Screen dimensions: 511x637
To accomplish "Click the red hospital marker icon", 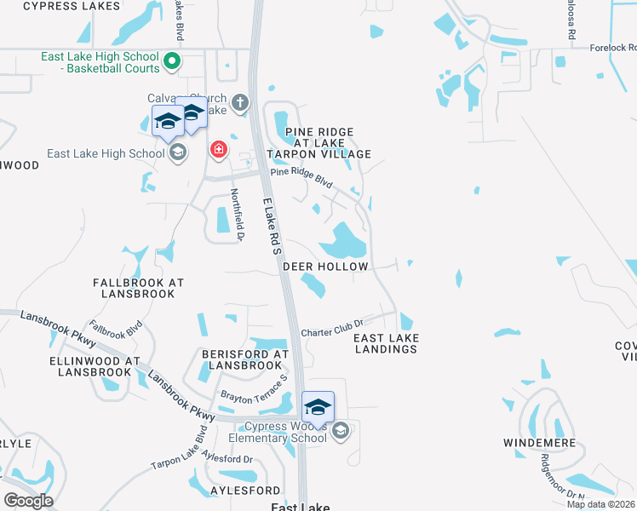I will click(x=219, y=150).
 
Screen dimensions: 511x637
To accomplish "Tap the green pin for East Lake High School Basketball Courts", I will click(x=171, y=60).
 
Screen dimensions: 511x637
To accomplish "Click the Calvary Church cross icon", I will click(x=240, y=103).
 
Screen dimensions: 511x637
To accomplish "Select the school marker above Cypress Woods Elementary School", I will click(x=318, y=407).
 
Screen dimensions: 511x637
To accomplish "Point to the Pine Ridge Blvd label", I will click(x=301, y=176).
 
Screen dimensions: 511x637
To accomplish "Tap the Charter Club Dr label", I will click(x=332, y=327).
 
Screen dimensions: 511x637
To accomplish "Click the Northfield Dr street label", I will click(x=238, y=213).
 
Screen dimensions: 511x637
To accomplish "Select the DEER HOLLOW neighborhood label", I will click(x=325, y=267).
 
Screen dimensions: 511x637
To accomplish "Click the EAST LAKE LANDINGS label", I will click(x=386, y=343).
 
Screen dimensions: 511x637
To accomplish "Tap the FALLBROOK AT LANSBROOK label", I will click(x=139, y=287).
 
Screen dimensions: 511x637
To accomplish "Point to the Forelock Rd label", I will click(x=612, y=48).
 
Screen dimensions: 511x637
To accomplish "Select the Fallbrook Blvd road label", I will click(x=115, y=330).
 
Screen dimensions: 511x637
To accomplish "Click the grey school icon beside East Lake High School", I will click(x=178, y=153).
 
